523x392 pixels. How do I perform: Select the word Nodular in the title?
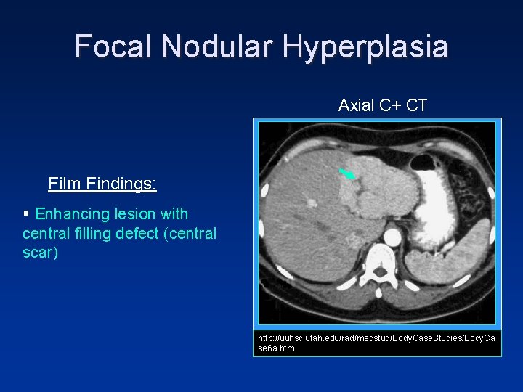[217, 46]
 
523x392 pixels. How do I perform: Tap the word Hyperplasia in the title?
[365, 46]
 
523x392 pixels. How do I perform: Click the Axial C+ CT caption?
[382, 106]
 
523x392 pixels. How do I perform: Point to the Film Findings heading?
[102, 184]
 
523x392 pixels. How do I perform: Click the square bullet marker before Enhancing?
[27, 214]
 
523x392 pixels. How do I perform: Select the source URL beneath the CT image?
[377, 343]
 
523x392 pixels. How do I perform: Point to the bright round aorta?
[392, 237]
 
